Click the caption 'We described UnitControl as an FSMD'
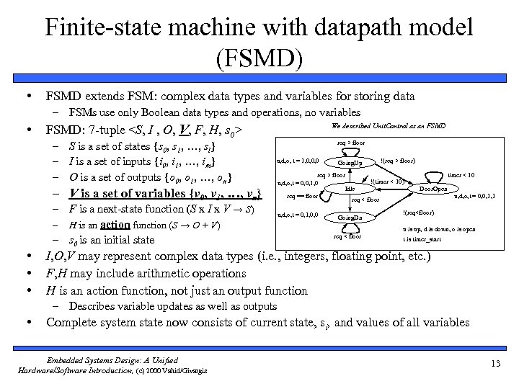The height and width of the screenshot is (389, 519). coord(388,125)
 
